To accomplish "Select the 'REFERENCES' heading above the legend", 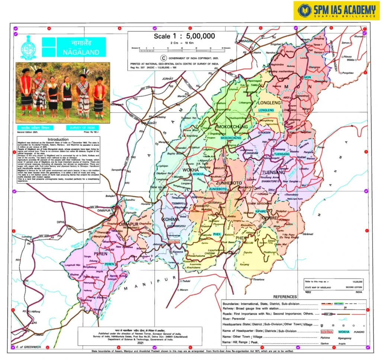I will click(x=285, y=297).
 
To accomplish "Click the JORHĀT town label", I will click(x=168, y=79).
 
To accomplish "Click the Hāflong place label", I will click(x=36, y=311).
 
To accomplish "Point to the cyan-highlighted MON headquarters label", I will click(x=307, y=77).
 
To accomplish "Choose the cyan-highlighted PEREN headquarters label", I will click(x=109, y=264).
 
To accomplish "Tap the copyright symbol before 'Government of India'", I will click(x=162, y=58).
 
